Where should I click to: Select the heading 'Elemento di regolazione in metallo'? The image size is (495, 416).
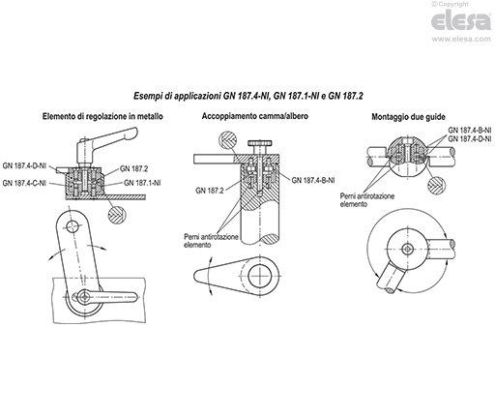pyautogui.click(x=102, y=117)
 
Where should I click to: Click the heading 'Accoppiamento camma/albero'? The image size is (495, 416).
pyautogui.click(x=248, y=117)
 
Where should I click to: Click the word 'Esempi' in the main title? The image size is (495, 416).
pyautogui.click(x=152, y=96)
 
